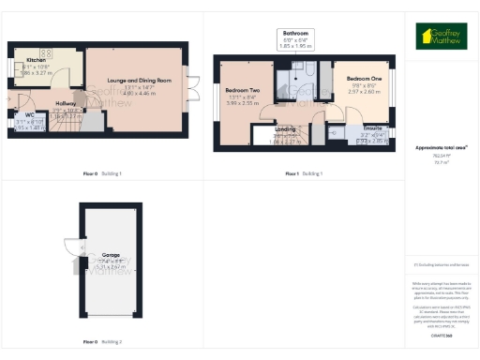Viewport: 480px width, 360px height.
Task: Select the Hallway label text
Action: click(x=65, y=103)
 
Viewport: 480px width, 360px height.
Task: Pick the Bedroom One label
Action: click(x=362, y=79)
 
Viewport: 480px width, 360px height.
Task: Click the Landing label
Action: click(x=286, y=130)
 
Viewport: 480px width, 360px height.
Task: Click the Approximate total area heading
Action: click(x=440, y=148)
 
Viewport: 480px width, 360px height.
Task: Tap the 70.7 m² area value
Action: click(x=440, y=161)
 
